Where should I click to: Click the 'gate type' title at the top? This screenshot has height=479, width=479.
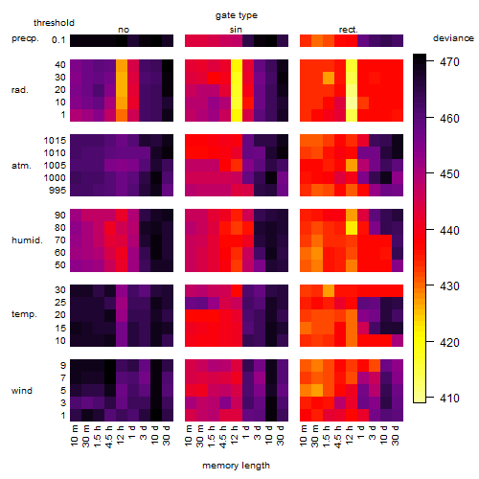[237, 15]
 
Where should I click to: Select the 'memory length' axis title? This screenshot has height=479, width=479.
[236, 466]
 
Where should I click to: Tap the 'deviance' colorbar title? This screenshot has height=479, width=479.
[453, 38]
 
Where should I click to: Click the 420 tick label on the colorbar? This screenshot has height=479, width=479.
[449, 343]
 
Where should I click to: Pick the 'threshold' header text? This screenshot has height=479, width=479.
[54, 23]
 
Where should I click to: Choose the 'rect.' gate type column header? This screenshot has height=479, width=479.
[348, 30]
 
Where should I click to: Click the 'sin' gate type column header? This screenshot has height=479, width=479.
[236, 30]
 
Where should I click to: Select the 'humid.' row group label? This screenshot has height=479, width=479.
[27, 240]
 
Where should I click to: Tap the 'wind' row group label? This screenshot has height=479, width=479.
[22, 391]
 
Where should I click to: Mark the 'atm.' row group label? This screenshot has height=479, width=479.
[21, 166]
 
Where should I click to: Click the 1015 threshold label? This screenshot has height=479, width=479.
[55, 141]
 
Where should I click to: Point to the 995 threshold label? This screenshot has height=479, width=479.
[57, 191]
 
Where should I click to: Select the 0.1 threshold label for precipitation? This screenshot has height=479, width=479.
[58, 40]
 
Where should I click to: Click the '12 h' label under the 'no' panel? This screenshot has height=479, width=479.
[121, 435]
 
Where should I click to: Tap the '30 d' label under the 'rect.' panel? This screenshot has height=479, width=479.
[396, 435]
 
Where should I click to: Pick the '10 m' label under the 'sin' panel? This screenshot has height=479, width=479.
[190, 436]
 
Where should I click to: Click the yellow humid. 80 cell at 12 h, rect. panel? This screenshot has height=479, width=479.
[352, 228]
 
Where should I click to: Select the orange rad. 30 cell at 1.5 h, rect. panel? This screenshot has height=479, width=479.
[329, 78]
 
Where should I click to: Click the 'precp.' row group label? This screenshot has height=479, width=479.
[25, 38]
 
